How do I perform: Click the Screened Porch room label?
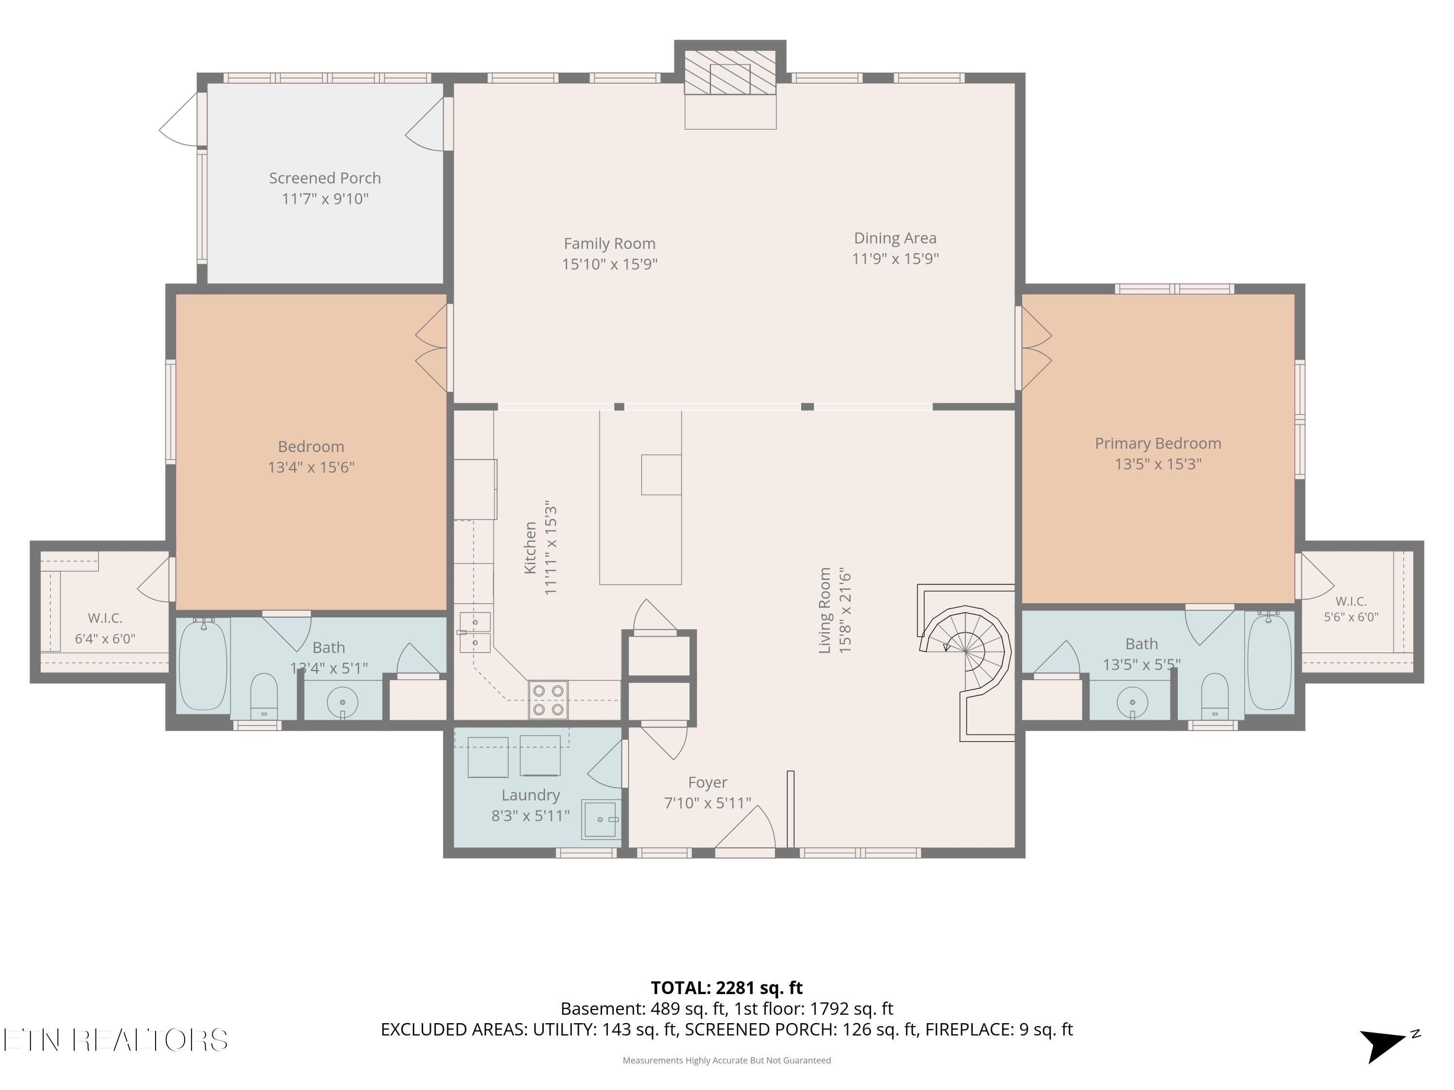pyautogui.click(x=325, y=178)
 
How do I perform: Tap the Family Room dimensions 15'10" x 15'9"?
pyautogui.click(x=609, y=264)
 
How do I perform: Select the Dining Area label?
pyautogui.click(x=895, y=238)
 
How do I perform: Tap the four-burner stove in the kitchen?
pyautogui.click(x=548, y=700)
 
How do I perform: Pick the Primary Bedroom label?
pyautogui.click(x=1157, y=443)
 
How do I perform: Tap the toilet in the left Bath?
pyautogui.click(x=264, y=696)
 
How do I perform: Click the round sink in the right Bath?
pyautogui.click(x=1132, y=701)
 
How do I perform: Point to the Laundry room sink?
pyautogui.click(x=601, y=819)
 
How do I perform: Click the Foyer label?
pyautogui.click(x=707, y=782)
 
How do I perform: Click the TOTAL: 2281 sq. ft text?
pyautogui.click(x=727, y=988)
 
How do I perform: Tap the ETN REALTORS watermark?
pyautogui.click(x=116, y=1040)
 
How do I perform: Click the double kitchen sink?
pyautogui.click(x=474, y=632)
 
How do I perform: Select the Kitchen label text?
pyautogui.click(x=530, y=547)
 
